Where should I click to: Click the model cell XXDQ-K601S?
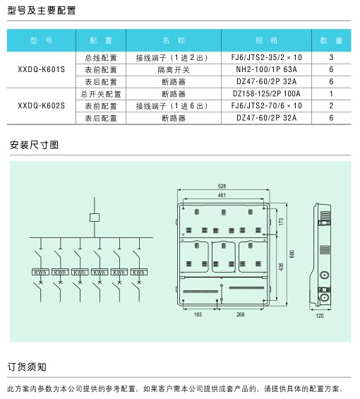(42, 69)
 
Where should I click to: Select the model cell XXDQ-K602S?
(42, 106)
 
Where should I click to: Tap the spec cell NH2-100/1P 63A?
(266, 69)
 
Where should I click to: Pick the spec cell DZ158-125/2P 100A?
(266, 94)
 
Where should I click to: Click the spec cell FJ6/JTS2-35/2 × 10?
(266, 57)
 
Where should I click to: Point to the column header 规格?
(266, 40)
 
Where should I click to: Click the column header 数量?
(331, 40)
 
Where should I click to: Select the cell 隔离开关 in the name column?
(174, 69)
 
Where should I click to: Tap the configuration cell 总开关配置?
(101, 94)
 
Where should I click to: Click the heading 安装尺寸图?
(34, 145)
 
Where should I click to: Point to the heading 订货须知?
(27, 367)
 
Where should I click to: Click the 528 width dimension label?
(222, 186)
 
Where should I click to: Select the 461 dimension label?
(222, 195)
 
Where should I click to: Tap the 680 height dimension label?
(292, 254)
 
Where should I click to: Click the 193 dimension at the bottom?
(198, 314)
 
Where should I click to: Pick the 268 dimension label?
(241, 314)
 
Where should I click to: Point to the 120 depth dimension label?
(320, 316)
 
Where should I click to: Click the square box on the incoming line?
(95, 218)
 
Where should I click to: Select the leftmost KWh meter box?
(40, 272)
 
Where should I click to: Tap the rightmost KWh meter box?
(139, 272)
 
